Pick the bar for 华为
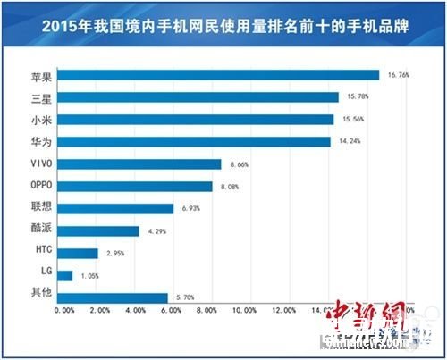(x=194, y=141)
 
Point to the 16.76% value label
(x=399, y=75)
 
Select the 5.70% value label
(x=185, y=297)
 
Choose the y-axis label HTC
(x=38, y=253)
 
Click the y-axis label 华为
(x=38, y=141)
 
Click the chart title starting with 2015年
(x=223, y=28)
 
